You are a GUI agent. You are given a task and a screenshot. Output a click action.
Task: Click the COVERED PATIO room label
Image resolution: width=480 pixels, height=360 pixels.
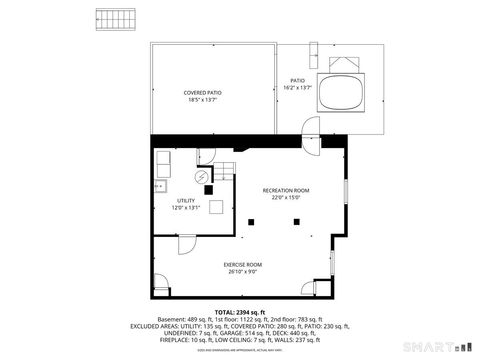pyautogui.click(x=203, y=93)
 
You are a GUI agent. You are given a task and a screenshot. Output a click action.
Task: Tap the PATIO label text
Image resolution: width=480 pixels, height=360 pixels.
pyautogui.click(x=297, y=81)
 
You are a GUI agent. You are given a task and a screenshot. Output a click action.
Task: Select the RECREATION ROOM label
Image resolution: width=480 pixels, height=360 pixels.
pyautogui.click(x=286, y=190)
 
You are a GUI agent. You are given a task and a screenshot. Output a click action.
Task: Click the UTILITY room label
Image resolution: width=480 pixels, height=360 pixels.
pyautogui.click(x=186, y=201)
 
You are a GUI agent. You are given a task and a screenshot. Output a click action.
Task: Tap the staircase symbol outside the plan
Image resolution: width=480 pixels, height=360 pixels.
pyautogui.click(x=113, y=19)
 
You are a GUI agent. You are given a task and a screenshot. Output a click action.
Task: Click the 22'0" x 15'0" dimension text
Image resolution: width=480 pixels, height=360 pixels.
pyautogui.click(x=286, y=198)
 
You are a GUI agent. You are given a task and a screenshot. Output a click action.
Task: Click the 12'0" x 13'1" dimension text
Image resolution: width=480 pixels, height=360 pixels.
pyautogui.click(x=186, y=208)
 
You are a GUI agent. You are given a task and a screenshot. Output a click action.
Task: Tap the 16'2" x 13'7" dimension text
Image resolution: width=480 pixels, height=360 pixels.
pyautogui.click(x=297, y=88)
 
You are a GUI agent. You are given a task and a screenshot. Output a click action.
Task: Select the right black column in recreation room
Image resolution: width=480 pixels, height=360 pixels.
pyautogui.click(x=296, y=222)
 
